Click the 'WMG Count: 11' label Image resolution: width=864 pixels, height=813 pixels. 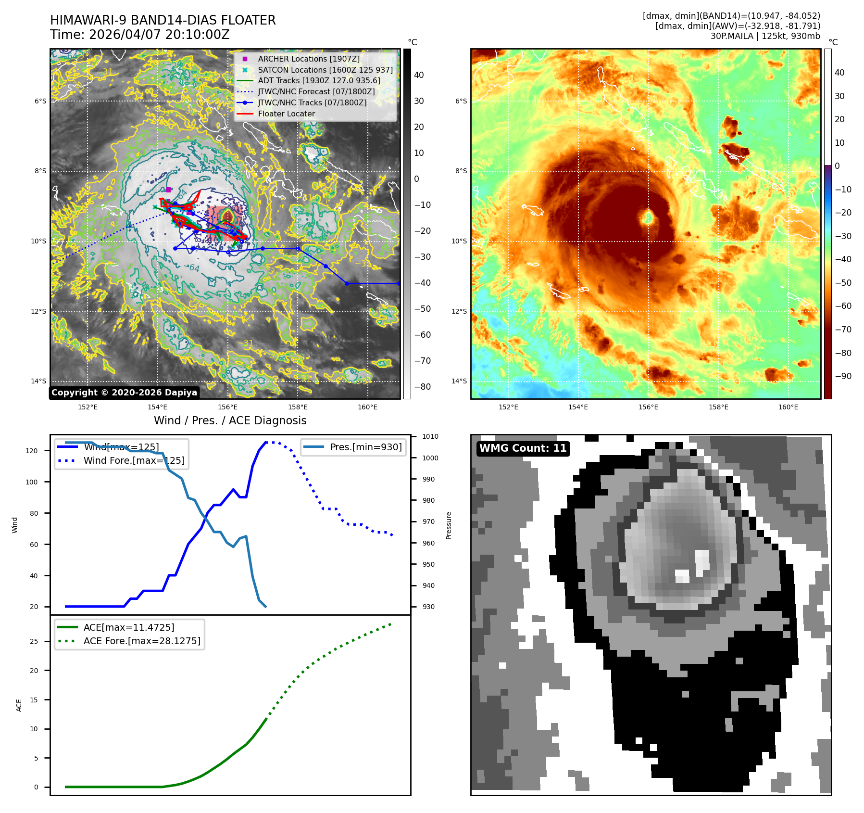click(523, 448)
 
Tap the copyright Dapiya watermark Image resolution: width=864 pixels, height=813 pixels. click(124, 393)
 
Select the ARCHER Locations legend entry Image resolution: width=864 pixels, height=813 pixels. click(308, 59)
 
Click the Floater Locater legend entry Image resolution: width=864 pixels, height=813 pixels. click(286, 114)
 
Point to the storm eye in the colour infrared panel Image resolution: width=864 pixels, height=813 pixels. click(648, 218)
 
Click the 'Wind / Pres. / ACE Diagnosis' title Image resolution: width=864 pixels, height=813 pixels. click(230, 420)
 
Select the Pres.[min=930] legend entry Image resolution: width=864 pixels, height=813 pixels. click(365, 447)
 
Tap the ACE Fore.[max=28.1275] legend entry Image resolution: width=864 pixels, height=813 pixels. click(141, 641)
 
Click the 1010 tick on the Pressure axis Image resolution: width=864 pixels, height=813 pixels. click(430, 437)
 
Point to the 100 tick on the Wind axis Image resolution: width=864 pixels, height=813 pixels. click(32, 482)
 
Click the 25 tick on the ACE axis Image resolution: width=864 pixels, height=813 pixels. click(34, 641)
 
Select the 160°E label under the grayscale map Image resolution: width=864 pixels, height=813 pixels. click(367, 407)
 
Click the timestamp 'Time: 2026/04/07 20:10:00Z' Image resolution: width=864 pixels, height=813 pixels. click(139, 35)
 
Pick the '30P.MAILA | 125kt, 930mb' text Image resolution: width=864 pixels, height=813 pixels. click(765, 36)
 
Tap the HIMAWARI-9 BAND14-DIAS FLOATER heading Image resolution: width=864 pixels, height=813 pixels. click(163, 20)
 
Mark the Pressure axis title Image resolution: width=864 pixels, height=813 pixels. click(449, 525)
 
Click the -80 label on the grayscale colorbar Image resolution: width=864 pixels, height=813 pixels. click(423, 387)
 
